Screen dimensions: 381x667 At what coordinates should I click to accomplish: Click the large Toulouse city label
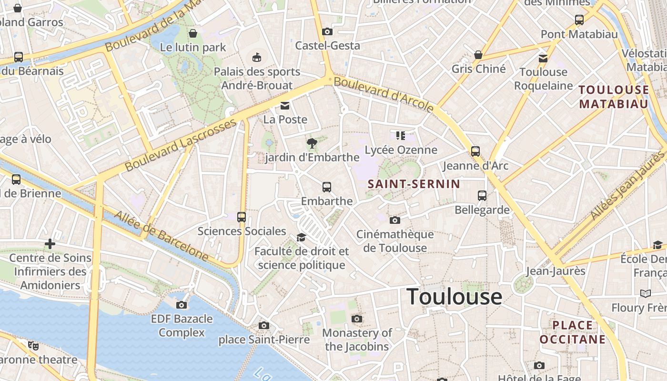(x=454, y=297)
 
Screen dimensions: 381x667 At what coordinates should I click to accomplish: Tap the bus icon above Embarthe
(x=327, y=187)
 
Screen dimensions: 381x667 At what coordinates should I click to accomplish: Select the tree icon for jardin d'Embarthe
(x=312, y=142)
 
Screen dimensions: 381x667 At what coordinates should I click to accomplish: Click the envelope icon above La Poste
(x=285, y=105)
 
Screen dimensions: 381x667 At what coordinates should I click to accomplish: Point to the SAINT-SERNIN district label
(x=414, y=184)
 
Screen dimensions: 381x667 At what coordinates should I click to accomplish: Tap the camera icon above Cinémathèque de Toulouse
(x=394, y=220)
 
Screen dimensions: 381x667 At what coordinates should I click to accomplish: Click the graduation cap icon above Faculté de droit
(x=301, y=237)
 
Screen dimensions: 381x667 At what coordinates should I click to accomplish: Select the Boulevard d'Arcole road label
(x=384, y=94)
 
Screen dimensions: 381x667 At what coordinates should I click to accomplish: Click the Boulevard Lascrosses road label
(x=181, y=145)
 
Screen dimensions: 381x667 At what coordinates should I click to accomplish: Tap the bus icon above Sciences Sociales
(x=242, y=217)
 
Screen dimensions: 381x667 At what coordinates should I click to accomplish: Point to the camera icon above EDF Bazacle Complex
(x=182, y=305)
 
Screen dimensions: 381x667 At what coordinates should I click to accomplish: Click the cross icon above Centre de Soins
(x=50, y=244)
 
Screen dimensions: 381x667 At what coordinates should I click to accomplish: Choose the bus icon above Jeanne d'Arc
(x=475, y=151)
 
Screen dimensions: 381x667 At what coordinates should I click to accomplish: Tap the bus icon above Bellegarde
(x=482, y=196)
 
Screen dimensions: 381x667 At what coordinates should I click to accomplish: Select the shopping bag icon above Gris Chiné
(x=478, y=55)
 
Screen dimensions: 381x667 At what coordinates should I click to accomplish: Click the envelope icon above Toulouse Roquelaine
(x=543, y=58)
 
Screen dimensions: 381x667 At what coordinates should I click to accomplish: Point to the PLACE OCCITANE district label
(x=572, y=332)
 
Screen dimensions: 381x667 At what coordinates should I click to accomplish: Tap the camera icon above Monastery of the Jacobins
(x=357, y=319)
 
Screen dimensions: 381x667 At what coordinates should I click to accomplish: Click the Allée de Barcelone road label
(x=162, y=237)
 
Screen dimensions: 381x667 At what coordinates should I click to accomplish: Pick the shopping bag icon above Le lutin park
(x=193, y=33)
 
